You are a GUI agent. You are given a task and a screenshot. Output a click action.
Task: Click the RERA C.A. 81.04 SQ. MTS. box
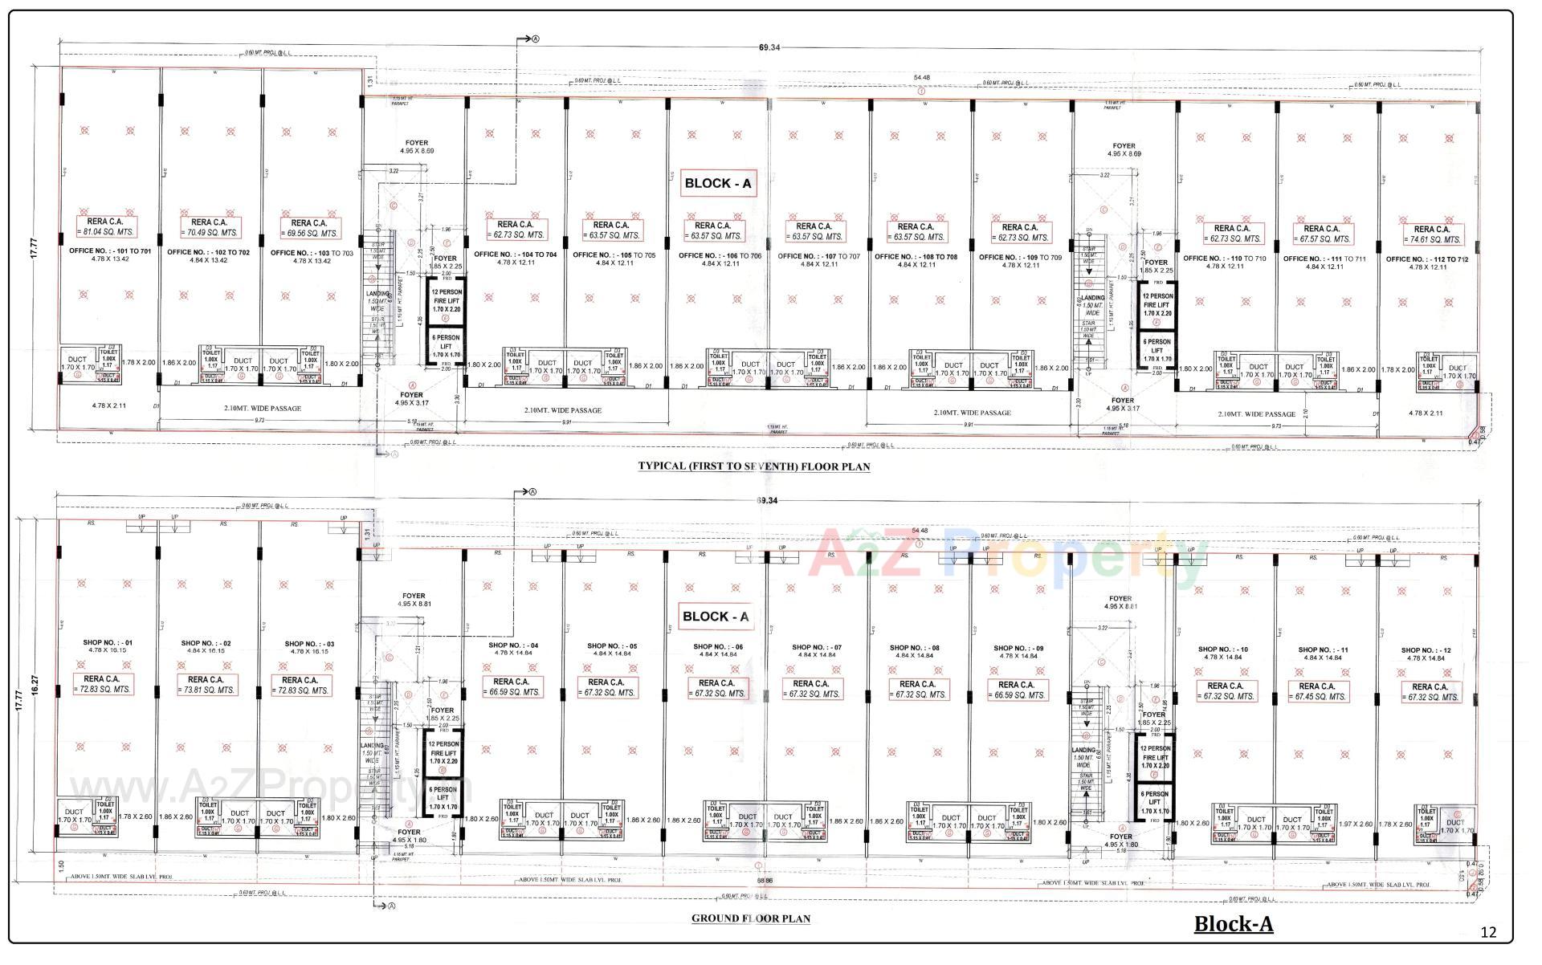coord(107,226)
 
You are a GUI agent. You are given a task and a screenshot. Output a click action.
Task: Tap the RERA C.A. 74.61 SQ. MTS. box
coord(1431,234)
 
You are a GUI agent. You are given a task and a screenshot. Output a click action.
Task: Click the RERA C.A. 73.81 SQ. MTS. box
coord(206,684)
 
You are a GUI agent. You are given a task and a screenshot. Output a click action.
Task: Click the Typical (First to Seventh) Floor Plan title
coord(753,466)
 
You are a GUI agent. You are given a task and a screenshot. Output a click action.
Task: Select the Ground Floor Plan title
coord(750,918)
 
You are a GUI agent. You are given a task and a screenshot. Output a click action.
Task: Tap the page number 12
coord(1488,932)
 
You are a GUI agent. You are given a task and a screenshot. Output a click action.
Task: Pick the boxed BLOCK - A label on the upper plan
coord(717,183)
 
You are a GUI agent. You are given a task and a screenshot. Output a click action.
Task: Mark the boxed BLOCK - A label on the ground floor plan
coord(715,617)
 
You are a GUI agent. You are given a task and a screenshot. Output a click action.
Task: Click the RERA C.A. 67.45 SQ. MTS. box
coord(1317,691)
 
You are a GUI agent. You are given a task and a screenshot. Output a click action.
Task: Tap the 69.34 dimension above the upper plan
coord(769,47)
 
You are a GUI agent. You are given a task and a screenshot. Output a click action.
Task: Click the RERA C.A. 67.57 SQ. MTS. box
coord(1321,234)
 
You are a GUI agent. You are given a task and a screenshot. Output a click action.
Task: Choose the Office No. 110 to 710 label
coord(1213,258)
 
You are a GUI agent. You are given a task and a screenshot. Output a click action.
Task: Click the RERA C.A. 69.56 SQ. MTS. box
coord(308,228)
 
